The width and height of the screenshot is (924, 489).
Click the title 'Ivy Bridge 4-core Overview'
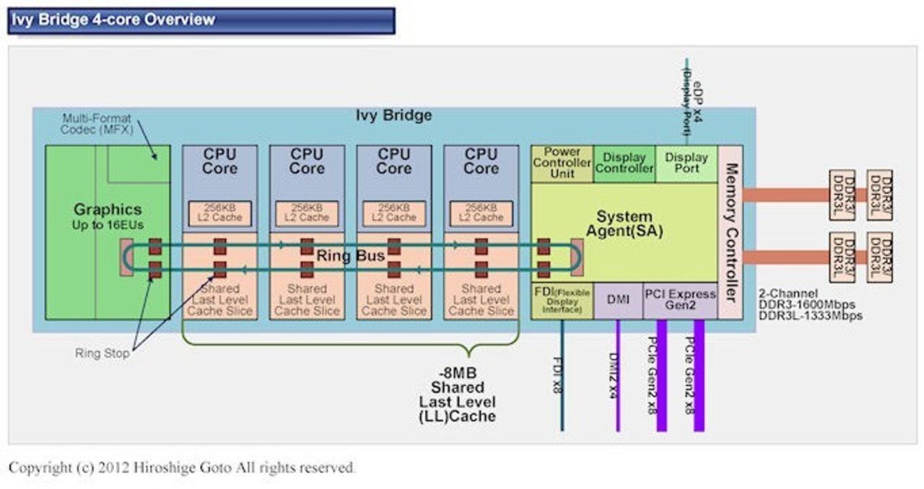point(113,19)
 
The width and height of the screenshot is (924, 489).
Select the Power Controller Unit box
point(562,163)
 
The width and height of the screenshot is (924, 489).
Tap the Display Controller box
point(624,163)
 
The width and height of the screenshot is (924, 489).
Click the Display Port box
point(686,163)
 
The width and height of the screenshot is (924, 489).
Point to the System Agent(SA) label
point(624,224)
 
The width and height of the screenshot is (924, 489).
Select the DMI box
point(618,300)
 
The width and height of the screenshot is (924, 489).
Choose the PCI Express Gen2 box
point(679,300)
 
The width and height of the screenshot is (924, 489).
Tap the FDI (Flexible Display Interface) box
point(562,300)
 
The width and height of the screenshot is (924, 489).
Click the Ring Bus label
point(351,256)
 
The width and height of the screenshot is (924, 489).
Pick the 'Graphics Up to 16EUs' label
point(108,216)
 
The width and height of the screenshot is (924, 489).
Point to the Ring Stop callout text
point(103,353)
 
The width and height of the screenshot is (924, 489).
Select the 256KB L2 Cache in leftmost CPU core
point(220,212)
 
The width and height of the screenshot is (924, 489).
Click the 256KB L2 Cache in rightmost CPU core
point(481,212)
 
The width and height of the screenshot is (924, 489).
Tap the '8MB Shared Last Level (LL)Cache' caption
point(458,395)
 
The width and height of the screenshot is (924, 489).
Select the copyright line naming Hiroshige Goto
point(182,467)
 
